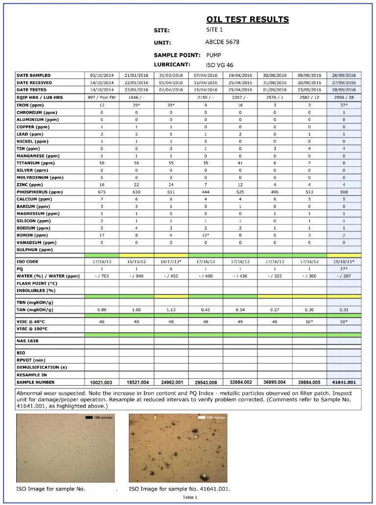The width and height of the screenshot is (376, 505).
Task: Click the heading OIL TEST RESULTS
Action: click(x=247, y=20)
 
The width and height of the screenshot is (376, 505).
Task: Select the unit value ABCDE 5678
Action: click(x=222, y=42)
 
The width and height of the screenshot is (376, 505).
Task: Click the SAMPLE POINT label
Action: click(x=177, y=55)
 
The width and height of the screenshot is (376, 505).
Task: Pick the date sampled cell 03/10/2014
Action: click(x=102, y=75)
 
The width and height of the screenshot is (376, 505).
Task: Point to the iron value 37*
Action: click(x=344, y=105)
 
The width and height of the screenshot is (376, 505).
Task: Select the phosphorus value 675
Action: click(x=102, y=192)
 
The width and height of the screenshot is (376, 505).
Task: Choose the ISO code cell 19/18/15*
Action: click(x=344, y=262)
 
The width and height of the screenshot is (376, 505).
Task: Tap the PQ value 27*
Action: click(x=344, y=269)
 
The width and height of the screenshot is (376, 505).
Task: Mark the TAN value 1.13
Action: click(x=171, y=310)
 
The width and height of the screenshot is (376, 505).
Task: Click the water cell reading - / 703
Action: click(x=102, y=276)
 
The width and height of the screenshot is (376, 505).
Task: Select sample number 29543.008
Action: click(x=205, y=382)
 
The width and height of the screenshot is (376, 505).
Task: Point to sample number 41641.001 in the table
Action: click(x=344, y=382)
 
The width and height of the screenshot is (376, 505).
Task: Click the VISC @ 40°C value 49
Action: click(x=240, y=322)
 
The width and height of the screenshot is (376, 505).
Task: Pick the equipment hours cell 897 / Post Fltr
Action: click(x=102, y=98)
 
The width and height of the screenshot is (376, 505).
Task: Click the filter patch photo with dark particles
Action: click(x=178, y=448)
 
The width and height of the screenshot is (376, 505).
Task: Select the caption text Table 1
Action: click(x=190, y=497)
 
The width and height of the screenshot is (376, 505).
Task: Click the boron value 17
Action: click(x=102, y=235)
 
